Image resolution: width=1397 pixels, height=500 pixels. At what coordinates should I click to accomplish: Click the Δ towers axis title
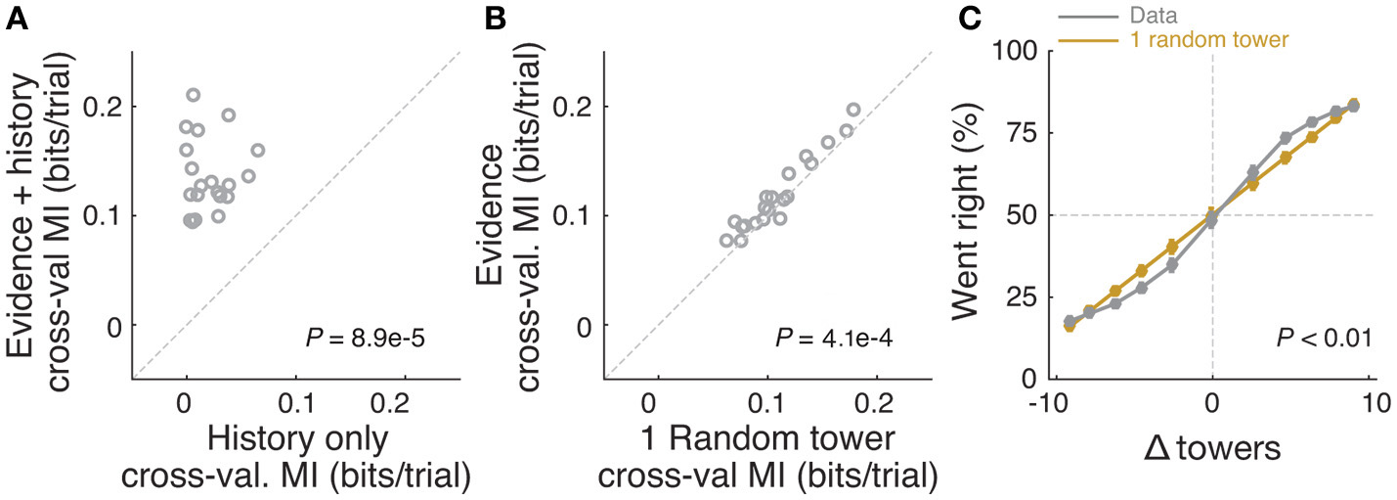(1212, 449)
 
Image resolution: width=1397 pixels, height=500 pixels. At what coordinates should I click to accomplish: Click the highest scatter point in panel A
(194, 95)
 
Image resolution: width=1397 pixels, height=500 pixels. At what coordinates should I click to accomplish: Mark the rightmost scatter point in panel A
(258, 150)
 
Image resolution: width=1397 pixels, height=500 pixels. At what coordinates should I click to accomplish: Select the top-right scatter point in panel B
(853, 110)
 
